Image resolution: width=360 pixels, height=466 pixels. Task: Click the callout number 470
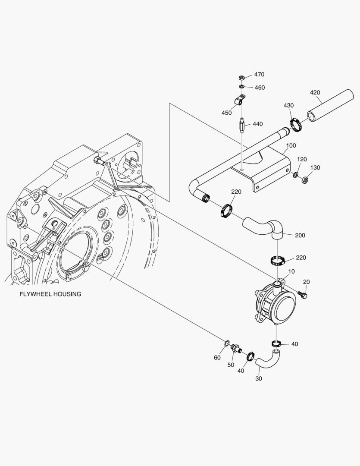click(x=259, y=75)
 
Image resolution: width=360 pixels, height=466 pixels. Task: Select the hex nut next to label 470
click(x=242, y=78)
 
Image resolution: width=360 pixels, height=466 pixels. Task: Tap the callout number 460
click(x=260, y=88)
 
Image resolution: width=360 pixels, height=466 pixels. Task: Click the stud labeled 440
click(x=242, y=126)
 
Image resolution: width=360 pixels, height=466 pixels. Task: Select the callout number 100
click(x=291, y=146)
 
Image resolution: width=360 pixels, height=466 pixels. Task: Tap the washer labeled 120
click(x=295, y=175)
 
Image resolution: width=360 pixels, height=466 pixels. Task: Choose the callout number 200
click(x=300, y=236)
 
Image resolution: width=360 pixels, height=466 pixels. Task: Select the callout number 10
click(x=291, y=272)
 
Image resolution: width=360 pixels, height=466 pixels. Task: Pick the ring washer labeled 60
click(x=226, y=343)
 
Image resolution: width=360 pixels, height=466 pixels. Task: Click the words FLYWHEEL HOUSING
click(x=50, y=294)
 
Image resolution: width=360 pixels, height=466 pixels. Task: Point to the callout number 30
click(x=259, y=379)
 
